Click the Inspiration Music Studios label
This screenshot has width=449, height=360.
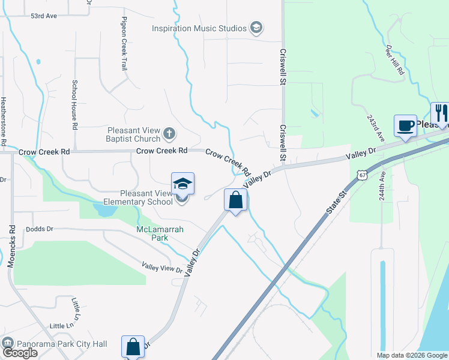pyautogui.click(x=199, y=28)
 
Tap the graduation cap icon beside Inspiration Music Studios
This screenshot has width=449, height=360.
pyautogui.click(x=256, y=28)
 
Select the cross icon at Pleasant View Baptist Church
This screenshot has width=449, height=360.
pyautogui.click(x=169, y=133)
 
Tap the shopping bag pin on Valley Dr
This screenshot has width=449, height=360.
pyautogui.click(x=236, y=200)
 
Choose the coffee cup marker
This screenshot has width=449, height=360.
pyautogui.click(x=405, y=126)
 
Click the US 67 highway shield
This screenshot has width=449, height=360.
pyautogui.click(x=361, y=175)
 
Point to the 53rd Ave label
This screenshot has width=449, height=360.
pyautogui.click(x=44, y=16)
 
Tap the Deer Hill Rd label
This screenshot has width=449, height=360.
pyautogui.click(x=397, y=62)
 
